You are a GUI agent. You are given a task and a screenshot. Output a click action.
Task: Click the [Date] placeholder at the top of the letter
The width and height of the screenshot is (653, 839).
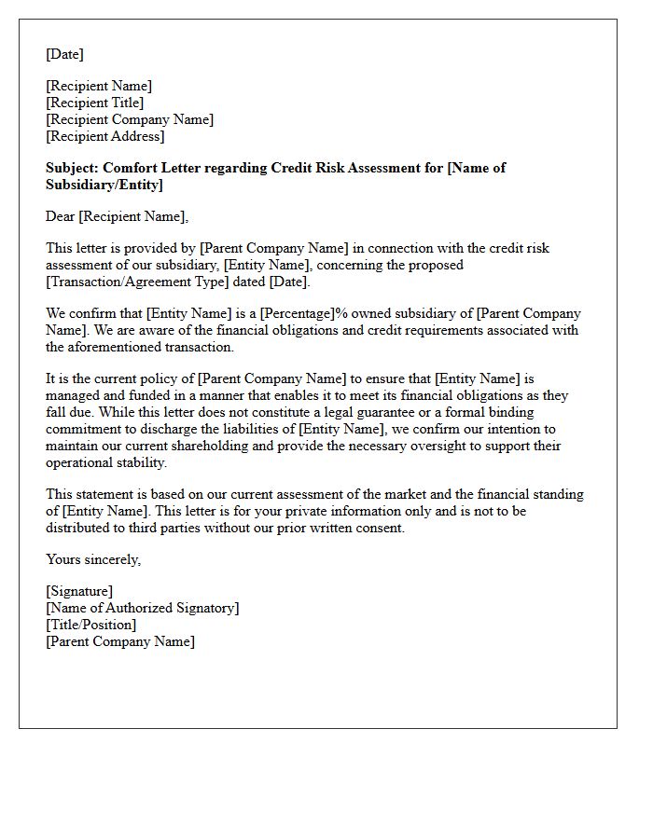(x=64, y=54)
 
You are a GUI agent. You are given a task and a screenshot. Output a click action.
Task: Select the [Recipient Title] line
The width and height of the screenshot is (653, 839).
(x=95, y=103)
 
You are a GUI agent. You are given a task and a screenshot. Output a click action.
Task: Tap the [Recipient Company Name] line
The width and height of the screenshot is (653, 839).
(x=130, y=119)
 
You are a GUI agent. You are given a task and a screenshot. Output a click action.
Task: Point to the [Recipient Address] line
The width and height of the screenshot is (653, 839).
(x=105, y=136)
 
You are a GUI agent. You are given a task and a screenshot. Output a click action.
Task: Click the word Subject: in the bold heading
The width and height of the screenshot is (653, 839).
(x=73, y=168)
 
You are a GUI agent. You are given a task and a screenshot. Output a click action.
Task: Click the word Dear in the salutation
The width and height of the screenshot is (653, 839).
(x=61, y=216)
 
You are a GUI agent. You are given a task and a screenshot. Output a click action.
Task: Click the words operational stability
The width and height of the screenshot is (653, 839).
(x=107, y=462)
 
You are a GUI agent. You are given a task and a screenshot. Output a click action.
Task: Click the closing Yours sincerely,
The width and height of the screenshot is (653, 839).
(x=93, y=559)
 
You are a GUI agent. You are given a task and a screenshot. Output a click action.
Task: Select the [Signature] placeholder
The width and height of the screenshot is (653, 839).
(x=79, y=591)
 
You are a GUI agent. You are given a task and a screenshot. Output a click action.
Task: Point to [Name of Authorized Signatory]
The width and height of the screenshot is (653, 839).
(x=143, y=608)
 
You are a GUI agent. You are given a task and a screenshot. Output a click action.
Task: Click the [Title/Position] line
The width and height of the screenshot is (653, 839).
(x=91, y=625)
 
